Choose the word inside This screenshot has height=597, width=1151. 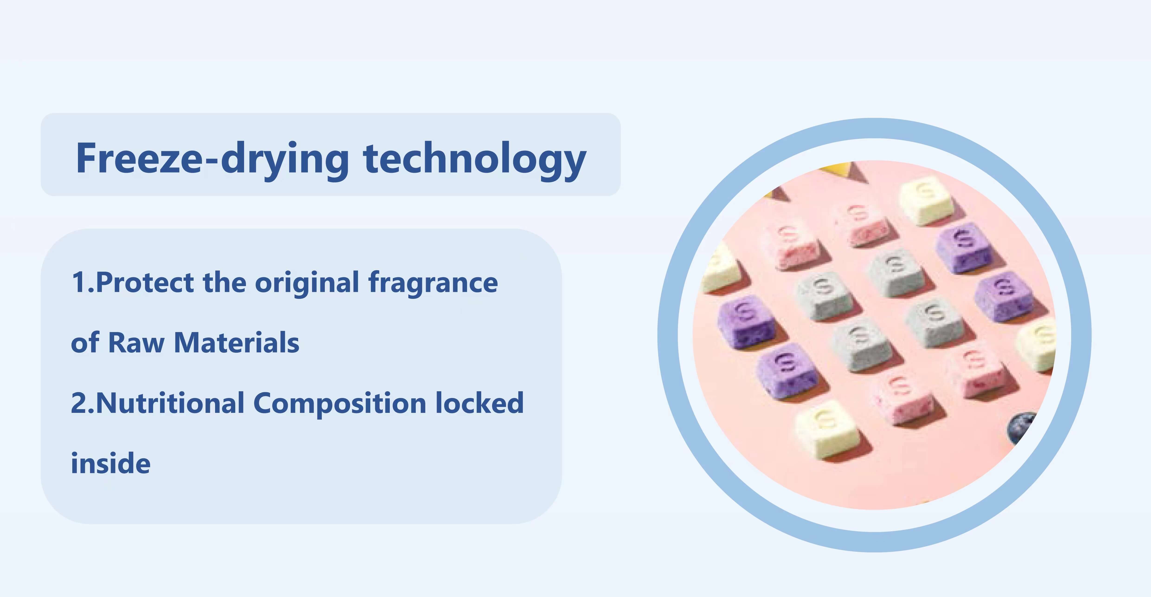pyautogui.click(x=111, y=463)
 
